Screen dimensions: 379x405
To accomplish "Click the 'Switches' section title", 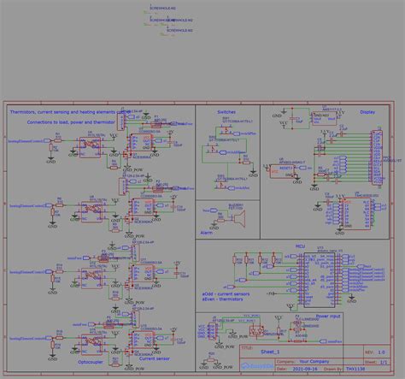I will coord(226,112).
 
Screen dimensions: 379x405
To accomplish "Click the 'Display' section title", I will coord(367,112).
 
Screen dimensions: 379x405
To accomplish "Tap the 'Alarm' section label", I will coord(208,233).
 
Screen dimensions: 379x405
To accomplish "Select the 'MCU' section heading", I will coord(300,245).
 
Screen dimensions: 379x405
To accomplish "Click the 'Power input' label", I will coord(327,316).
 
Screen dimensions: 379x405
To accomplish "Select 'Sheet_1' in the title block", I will coord(272,352).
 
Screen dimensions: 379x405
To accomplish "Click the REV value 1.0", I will coord(380,352).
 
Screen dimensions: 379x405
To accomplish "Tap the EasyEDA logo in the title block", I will coord(255,367).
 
